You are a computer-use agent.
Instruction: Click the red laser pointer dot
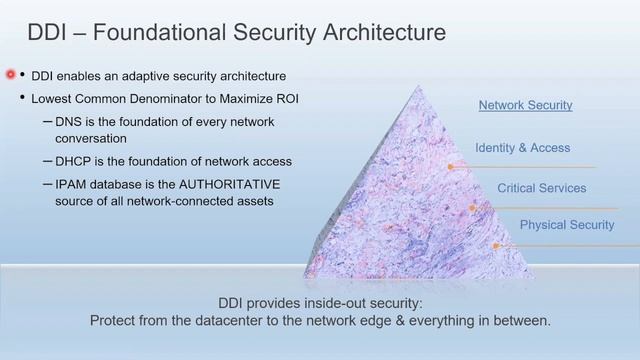12,75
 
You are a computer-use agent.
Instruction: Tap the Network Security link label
525,105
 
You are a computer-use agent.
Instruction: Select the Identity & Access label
522,148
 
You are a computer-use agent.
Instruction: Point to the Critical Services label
541,188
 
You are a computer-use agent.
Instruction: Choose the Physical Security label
566,225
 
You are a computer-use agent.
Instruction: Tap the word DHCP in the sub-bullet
76,161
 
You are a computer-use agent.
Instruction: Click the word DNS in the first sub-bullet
72,122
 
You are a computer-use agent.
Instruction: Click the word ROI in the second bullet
284,98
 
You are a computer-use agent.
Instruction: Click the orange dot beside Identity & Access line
451,167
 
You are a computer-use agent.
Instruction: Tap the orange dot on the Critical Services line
473,208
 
